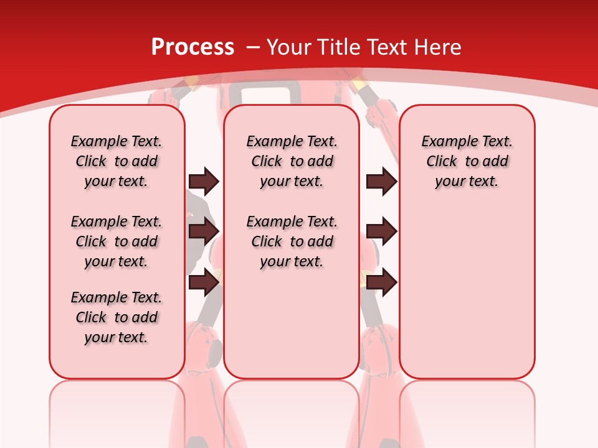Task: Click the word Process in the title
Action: pyautogui.click(x=192, y=47)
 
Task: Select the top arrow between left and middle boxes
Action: pyautogui.click(x=204, y=181)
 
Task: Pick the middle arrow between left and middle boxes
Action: pyautogui.click(x=204, y=231)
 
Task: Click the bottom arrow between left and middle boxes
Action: pyautogui.click(x=204, y=282)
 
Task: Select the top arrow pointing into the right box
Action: pyautogui.click(x=382, y=181)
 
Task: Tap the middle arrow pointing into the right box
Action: pyautogui.click(x=382, y=231)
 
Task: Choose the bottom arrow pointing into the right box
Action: pyautogui.click(x=382, y=282)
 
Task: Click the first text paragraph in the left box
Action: pyautogui.click(x=116, y=161)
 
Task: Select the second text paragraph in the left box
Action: pyautogui.click(x=116, y=241)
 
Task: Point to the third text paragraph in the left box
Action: pyautogui.click(x=116, y=317)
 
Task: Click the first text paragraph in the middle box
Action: pyautogui.click(x=292, y=161)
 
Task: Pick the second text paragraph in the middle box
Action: pyautogui.click(x=292, y=241)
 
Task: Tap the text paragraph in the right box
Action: pyautogui.click(x=467, y=161)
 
